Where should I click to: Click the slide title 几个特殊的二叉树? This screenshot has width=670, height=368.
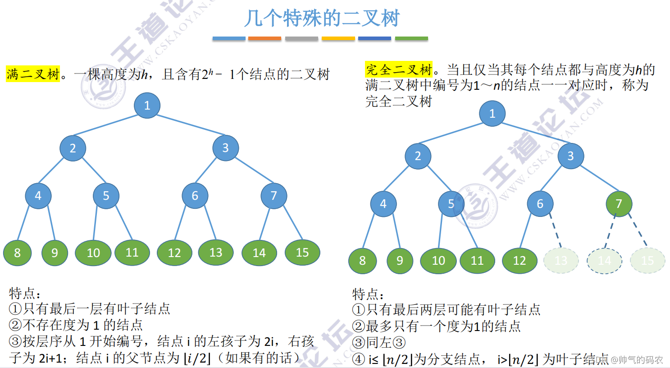[x=322, y=18]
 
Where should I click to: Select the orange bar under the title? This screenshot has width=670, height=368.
[x=264, y=39]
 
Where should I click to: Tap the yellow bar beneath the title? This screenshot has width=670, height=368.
[x=338, y=39]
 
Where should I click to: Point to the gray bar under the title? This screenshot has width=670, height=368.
[x=301, y=39]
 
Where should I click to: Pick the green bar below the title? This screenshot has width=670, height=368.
[x=411, y=39]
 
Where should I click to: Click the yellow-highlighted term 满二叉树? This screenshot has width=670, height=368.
[x=33, y=74]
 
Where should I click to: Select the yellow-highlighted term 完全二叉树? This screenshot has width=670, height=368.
[x=398, y=70]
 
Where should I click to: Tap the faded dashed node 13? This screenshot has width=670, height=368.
[x=561, y=261]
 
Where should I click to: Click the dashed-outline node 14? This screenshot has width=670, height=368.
[x=604, y=261]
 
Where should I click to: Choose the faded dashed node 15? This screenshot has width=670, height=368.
[x=647, y=261]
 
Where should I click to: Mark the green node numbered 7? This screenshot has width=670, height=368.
[x=619, y=204]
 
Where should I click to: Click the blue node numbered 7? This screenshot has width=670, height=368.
[x=273, y=196]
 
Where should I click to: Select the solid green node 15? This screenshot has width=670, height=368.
[x=302, y=253]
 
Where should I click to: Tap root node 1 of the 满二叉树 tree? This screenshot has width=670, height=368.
[x=147, y=106]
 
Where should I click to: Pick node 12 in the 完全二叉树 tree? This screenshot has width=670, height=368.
[x=520, y=261]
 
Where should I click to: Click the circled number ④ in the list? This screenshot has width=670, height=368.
[x=358, y=359]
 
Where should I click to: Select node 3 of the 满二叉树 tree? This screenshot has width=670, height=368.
[x=225, y=148]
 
